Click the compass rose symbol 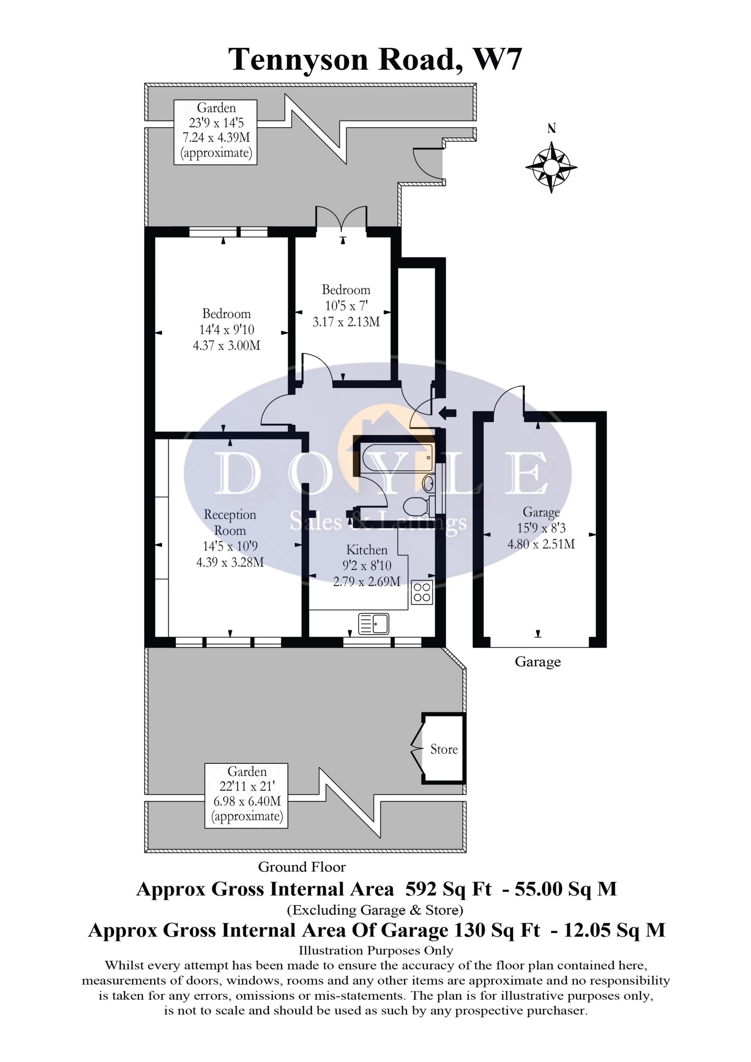pyautogui.click(x=551, y=167)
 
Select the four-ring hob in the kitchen pyautogui.click(x=422, y=592)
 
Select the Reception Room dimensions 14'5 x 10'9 pyautogui.click(x=230, y=546)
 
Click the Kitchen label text pyautogui.click(x=367, y=550)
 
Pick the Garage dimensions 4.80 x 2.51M pyautogui.click(x=541, y=544)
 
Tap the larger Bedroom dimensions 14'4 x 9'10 pyautogui.click(x=227, y=330)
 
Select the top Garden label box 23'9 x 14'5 pyautogui.click(x=215, y=132)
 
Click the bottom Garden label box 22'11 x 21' pyautogui.click(x=247, y=795)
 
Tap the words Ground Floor pyautogui.click(x=302, y=867)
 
